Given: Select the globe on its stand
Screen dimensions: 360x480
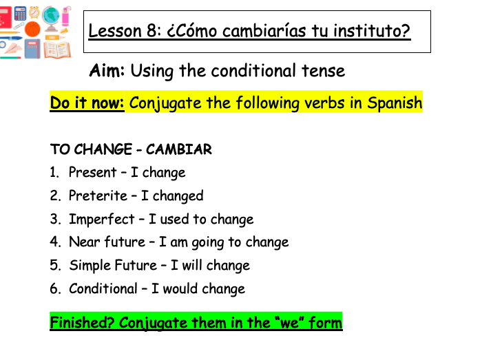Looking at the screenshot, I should coord(51,15).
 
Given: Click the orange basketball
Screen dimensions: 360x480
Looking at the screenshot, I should coord(34,30).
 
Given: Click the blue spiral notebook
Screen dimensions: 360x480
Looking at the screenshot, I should coord(32,49).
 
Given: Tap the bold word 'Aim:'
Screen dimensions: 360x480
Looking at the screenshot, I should coord(107,70).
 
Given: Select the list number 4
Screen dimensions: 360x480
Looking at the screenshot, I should coord(55,242).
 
